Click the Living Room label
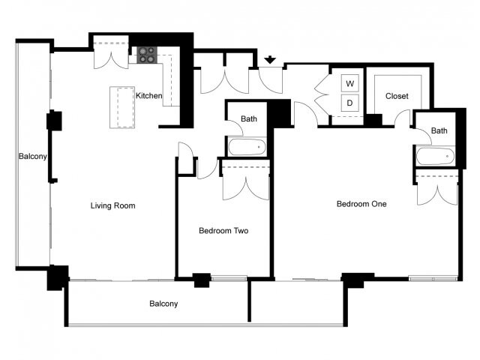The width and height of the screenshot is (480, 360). tap(112, 205)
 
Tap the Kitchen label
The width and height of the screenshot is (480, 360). tap(148, 96)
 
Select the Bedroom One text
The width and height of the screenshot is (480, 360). tap(361, 204)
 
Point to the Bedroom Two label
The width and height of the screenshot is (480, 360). tap(223, 231)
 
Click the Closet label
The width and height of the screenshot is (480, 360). tap(397, 97)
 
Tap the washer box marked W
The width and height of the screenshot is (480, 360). tap(350, 82)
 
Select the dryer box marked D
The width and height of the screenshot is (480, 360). tap(350, 103)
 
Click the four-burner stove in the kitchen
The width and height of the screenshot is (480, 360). tap(146, 55)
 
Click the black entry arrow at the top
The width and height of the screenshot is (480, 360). tap(270, 58)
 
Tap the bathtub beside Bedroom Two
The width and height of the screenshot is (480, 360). tap(247, 147)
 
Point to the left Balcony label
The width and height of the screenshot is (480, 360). tap(34, 157)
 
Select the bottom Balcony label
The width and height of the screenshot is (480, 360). tap(163, 304)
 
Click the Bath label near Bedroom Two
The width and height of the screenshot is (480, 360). tap(249, 118)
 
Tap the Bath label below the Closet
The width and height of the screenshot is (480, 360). tap(439, 130)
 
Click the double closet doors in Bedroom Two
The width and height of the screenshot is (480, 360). tap(246, 184)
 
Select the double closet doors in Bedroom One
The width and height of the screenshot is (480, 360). tap(436, 189)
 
